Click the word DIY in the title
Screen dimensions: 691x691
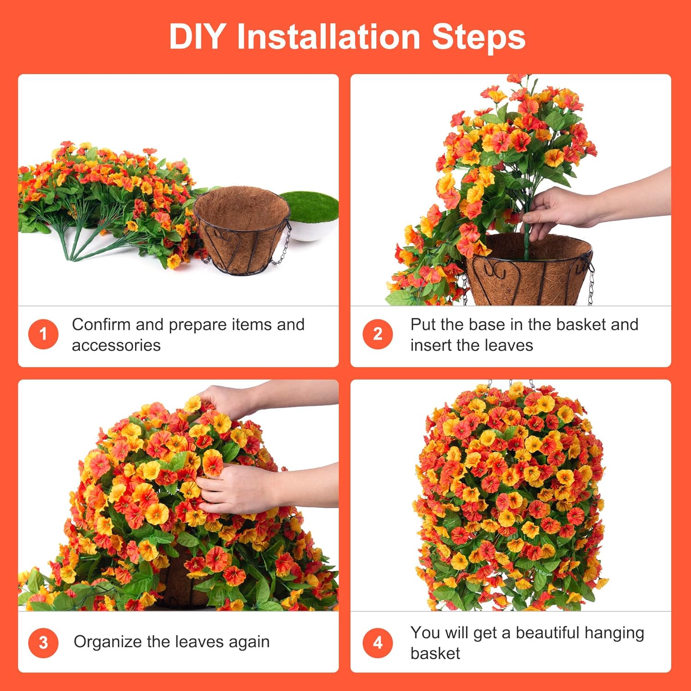[197, 37]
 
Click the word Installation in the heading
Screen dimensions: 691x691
[328, 37]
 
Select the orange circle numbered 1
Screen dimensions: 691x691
[43, 334]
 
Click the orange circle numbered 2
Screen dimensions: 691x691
[377, 334]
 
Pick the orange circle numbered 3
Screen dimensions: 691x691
[43, 643]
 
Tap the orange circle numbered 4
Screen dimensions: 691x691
[377, 643]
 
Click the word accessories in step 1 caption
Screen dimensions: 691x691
[116, 345]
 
